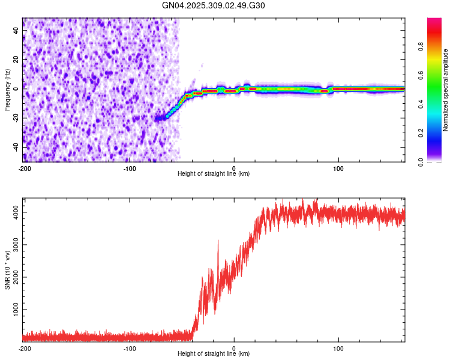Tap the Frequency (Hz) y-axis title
7,90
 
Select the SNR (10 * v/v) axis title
7,270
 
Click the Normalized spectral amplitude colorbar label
446,90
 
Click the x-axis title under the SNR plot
214,354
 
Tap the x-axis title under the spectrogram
214,174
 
